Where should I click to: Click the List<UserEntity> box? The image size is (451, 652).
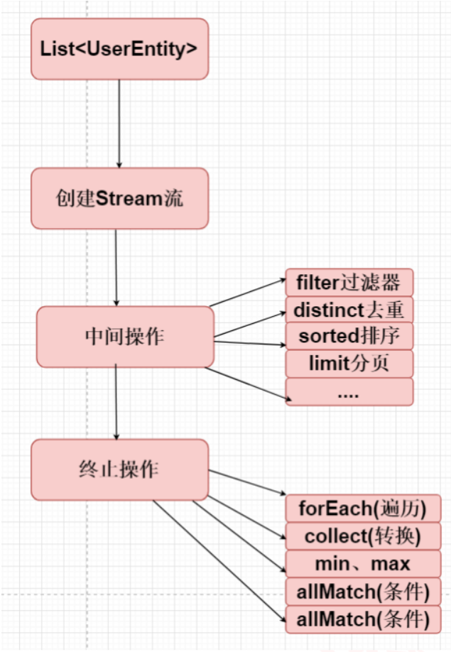click(119, 49)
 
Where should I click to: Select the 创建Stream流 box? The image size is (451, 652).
click(119, 198)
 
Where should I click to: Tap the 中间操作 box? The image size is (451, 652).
click(125, 337)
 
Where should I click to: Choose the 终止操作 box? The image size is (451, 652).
click(119, 469)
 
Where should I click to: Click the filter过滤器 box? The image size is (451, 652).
click(349, 283)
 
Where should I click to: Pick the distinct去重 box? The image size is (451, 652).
click(349, 310)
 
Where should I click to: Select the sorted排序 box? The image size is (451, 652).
click(349, 337)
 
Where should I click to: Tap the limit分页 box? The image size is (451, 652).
click(349, 364)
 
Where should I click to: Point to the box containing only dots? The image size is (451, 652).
click(349, 391)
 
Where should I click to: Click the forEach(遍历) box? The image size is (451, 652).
click(362, 508)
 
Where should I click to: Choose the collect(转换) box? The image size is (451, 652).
click(362, 536)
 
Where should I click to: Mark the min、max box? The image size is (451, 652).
click(362, 563)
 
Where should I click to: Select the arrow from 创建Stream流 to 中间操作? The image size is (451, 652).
click(116, 267)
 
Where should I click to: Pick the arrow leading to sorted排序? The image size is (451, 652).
click(249, 343)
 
